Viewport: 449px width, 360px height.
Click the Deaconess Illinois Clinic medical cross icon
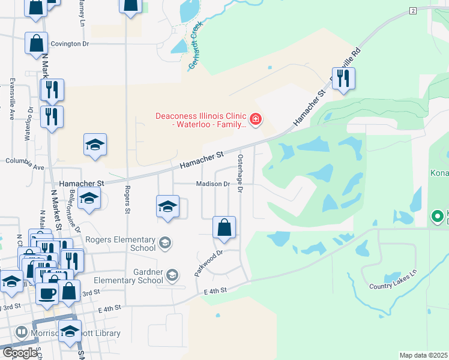256,120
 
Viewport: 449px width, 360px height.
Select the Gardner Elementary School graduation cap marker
172,275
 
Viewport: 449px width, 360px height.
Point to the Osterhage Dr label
240,173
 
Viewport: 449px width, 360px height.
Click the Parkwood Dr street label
208,263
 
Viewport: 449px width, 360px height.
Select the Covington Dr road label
70,44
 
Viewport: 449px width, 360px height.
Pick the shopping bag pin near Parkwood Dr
224,228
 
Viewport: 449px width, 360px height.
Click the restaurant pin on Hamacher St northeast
343,79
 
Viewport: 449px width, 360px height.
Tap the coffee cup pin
47,293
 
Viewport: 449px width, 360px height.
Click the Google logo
19,353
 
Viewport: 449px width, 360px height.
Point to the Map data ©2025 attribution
424,355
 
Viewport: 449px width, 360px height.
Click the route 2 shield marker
413,11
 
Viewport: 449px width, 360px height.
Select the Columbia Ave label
25,161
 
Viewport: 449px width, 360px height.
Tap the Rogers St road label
127,200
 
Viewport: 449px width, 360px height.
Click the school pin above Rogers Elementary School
167,206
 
